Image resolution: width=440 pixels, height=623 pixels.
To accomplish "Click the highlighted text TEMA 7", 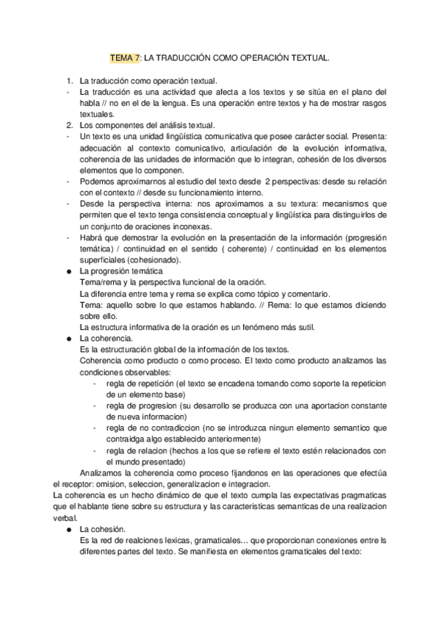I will (x=124, y=56).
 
